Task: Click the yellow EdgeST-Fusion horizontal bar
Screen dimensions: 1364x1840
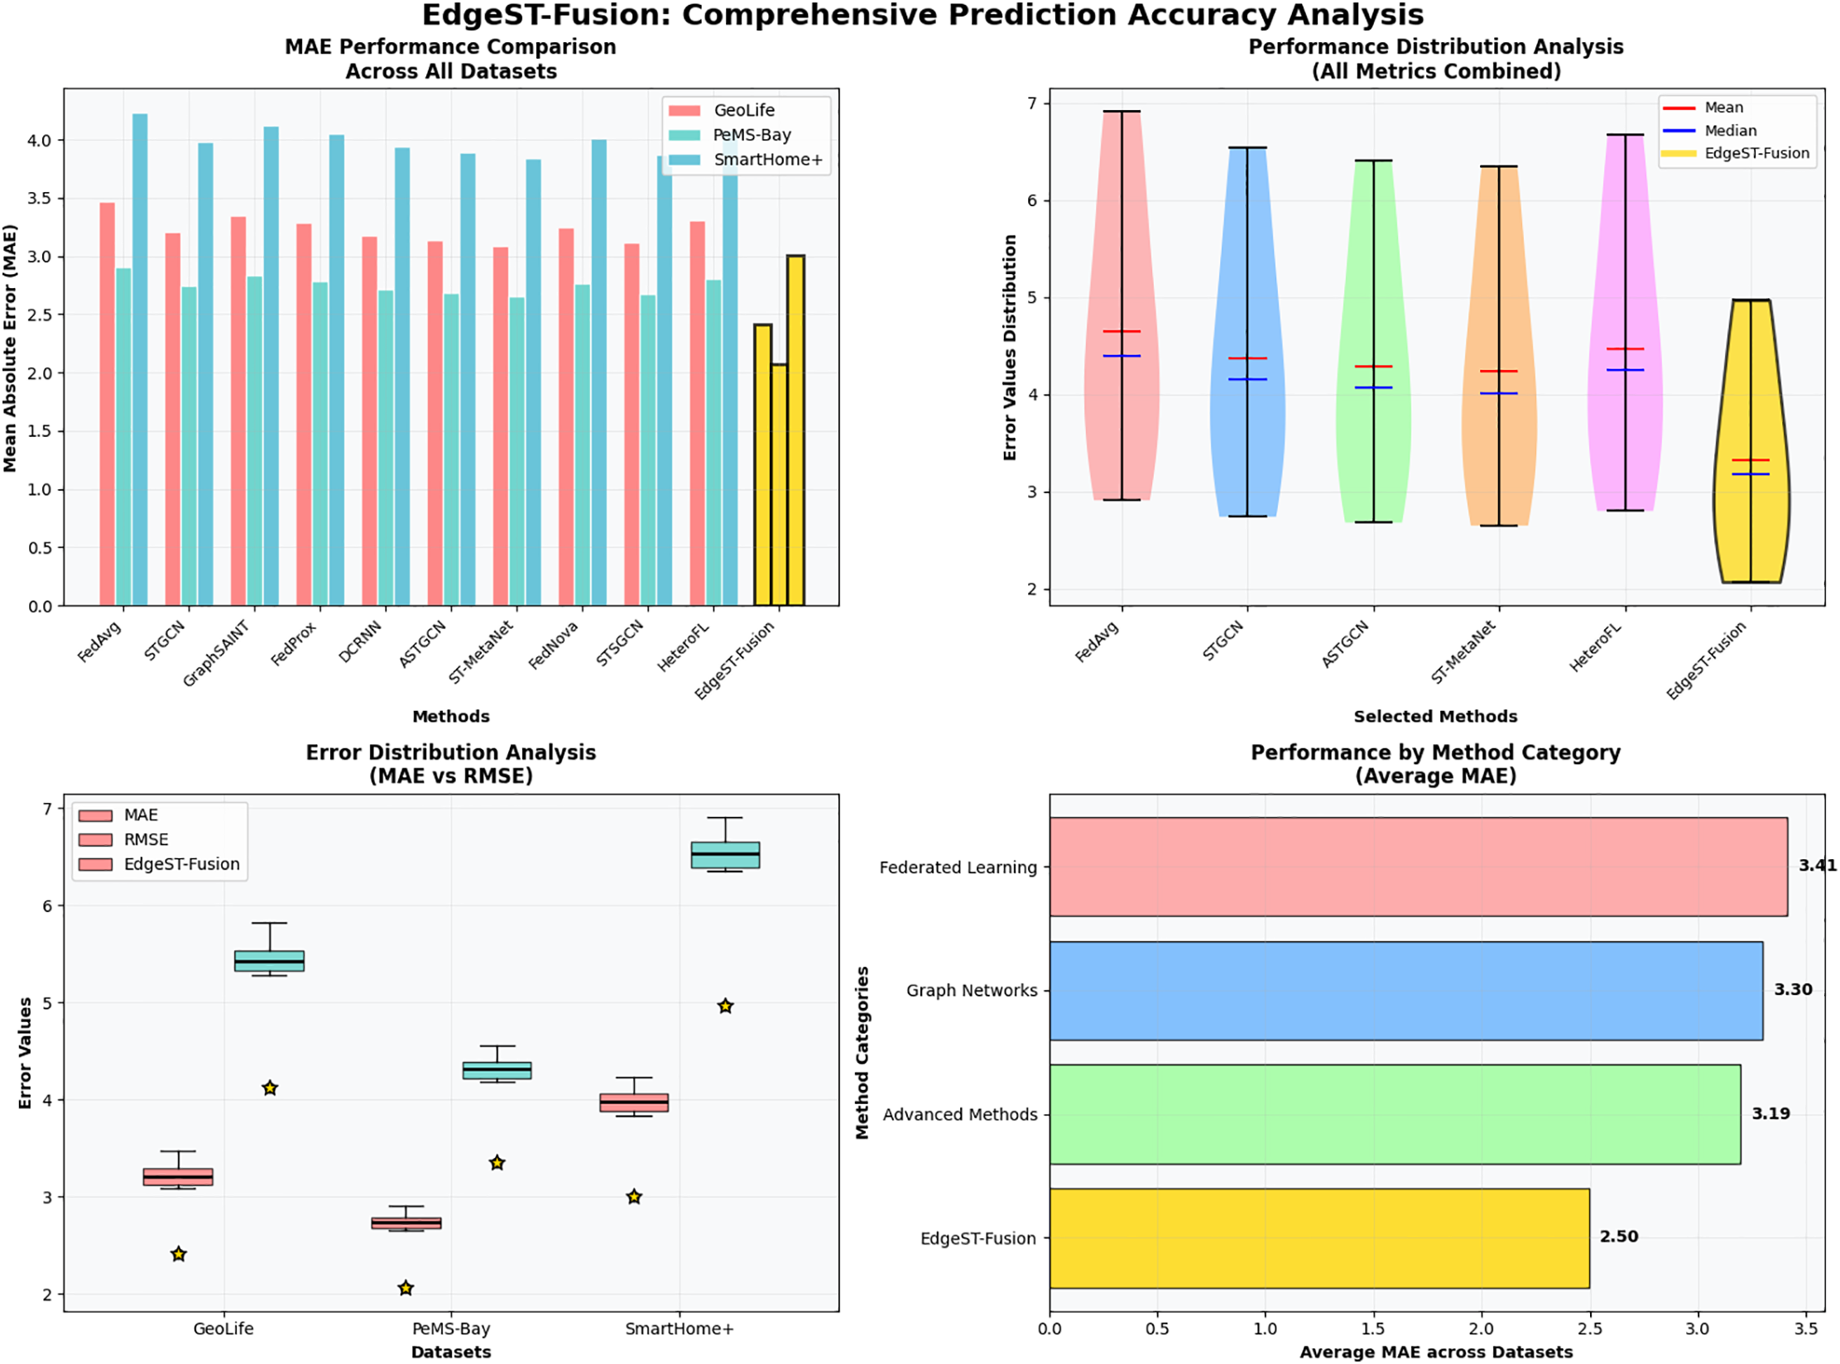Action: coord(1318,1237)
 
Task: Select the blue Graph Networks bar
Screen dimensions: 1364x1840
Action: coord(1405,990)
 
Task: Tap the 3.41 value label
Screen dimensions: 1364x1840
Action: coord(1816,866)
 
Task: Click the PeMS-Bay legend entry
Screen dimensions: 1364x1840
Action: coord(751,135)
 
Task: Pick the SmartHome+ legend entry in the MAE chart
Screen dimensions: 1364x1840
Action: coord(766,160)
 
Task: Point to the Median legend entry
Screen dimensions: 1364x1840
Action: coord(1729,131)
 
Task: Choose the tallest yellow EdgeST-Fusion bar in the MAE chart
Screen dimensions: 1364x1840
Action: coord(795,430)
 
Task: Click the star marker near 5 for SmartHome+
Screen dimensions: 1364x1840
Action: coord(725,1006)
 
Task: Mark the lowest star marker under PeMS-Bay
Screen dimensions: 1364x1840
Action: coord(406,1288)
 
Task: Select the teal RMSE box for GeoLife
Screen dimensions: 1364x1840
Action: coord(269,961)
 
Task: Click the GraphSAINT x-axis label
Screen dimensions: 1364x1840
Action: coord(215,654)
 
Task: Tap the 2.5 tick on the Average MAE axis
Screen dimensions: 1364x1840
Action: coord(1588,1329)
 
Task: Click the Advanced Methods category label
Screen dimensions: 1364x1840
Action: coord(959,1115)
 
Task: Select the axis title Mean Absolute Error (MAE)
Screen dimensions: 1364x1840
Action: coord(10,348)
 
